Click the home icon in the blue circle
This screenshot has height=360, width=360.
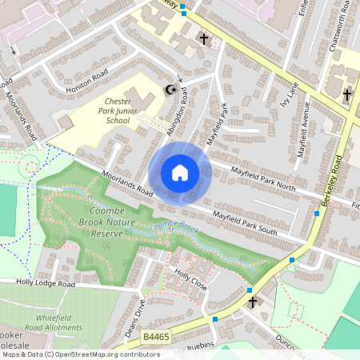(180, 173)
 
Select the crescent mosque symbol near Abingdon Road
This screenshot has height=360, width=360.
(169, 90)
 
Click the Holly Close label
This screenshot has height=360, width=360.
(191, 281)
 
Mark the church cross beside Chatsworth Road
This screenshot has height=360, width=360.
(347, 95)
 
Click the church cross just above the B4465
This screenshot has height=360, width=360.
(253, 302)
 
